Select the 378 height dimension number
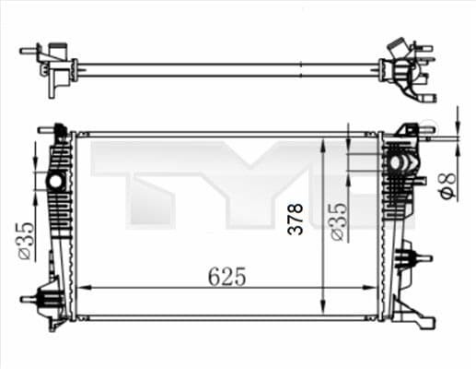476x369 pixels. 296,220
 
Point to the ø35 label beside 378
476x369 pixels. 338,221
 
